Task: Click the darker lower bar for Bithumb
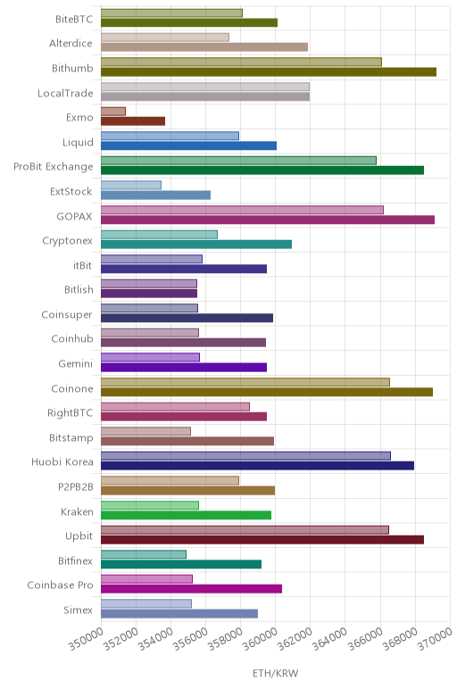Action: point(269,72)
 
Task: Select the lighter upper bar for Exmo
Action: point(113,112)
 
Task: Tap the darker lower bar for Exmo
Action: point(133,121)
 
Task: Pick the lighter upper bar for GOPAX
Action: point(242,210)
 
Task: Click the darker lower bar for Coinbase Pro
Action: point(192,589)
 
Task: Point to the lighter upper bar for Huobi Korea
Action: point(245,456)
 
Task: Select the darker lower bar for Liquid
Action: point(189,145)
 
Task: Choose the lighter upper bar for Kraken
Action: point(150,505)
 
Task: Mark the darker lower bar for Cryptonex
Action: point(196,245)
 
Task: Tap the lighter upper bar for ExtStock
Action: point(131,185)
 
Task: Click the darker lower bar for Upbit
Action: point(262,540)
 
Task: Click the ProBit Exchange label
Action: point(54,167)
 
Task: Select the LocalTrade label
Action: point(65,93)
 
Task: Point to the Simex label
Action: point(79,610)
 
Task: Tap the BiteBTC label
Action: point(74,20)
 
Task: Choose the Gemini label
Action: point(76,364)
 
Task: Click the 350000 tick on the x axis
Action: point(101,620)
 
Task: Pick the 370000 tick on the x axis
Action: point(450,620)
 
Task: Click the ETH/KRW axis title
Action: point(276,673)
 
